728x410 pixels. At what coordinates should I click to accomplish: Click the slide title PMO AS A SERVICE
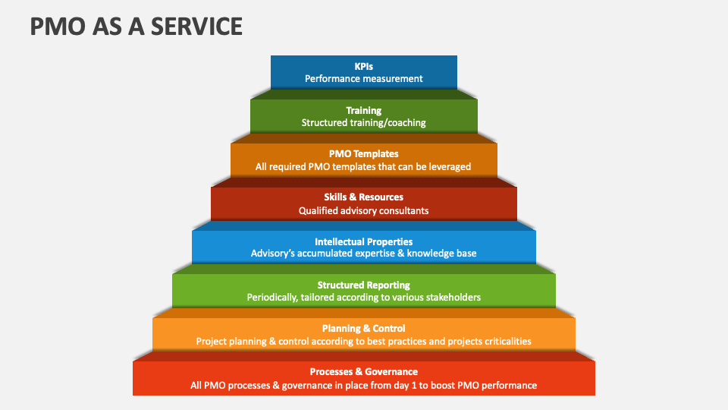pyautogui.click(x=136, y=26)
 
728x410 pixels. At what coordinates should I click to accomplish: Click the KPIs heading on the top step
pyautogui.click(x=363, y=67)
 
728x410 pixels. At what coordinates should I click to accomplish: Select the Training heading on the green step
pyautogui.click(x=363, y=111)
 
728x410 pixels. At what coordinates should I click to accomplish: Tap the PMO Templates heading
pyautogui.click(x=363, y=154)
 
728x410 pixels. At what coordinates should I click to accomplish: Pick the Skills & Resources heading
pyautogui.click(x=363, y=197)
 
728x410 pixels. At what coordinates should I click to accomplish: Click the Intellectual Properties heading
pyautogui.click(x=363, y=241)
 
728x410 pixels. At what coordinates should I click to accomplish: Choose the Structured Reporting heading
pyautogui.click(x=363, y=285)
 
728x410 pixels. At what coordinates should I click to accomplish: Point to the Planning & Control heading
pyautogui.click(x=363, y=329)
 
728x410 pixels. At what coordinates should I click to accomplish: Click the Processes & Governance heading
pyautogui.click(x=363, y=372)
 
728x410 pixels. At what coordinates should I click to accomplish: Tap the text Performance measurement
pyautogui.click(x=363, y=79)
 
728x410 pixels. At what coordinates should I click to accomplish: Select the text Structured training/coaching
pyautogui.click(x=363, y=123)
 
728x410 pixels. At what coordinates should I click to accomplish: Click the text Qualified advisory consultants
pyautogui.click(x=363, y=211)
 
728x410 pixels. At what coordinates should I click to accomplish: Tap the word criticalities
pyautogui.click(x=508, y=341)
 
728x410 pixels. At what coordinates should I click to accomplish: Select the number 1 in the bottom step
pyautogui.click(x=414, y=386)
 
